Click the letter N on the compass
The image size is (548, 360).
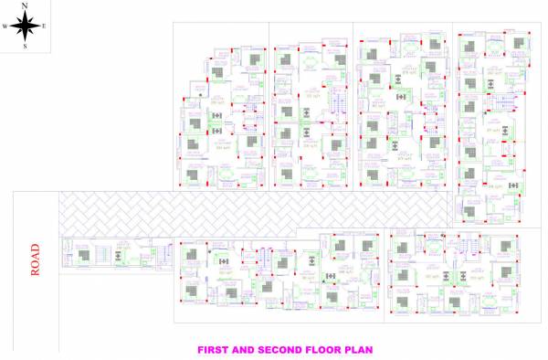[x=25, y=5]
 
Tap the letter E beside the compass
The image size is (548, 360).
[x=43, y=26]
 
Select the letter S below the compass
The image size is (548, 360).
[x=25, y=46]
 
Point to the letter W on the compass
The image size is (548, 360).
[x=5, y=26]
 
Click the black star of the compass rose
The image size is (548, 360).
[x=25, y=26]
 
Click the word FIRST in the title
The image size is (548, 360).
[x=216, y=349]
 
